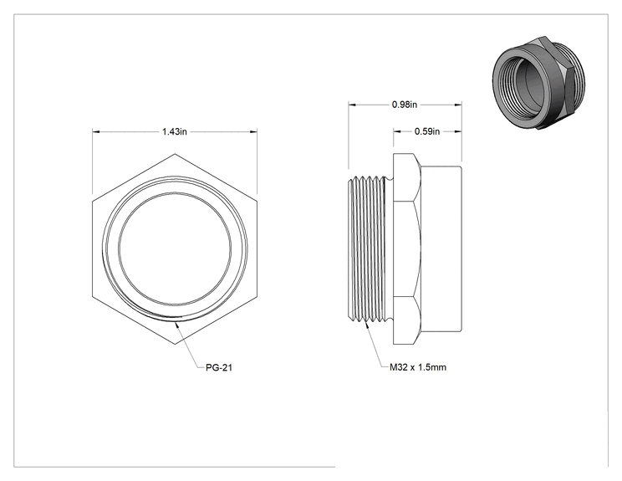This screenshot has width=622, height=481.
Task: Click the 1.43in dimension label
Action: pos(174,131)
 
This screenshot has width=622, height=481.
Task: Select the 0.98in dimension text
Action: pos(405,105)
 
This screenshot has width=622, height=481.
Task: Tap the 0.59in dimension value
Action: pos(427,131)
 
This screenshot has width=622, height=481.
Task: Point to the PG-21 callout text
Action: pos(219,367)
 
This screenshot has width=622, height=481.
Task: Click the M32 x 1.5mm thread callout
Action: pos(418,367)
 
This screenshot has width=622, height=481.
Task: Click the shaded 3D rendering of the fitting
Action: pos(533,83)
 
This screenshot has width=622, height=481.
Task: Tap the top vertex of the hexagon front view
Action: pos(175,154)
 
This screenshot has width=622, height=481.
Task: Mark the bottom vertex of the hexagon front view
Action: pos(175,344)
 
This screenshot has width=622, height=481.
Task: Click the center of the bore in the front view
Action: pos(175,248)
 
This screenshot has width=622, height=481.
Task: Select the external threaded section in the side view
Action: pos(368,248)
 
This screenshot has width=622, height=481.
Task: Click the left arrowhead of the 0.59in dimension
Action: pos(396,131)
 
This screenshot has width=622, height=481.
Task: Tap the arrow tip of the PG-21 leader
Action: pos(176,321)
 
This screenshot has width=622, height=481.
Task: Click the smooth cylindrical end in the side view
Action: pos(441,248)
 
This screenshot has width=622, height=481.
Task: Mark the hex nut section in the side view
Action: pos(406,248)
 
